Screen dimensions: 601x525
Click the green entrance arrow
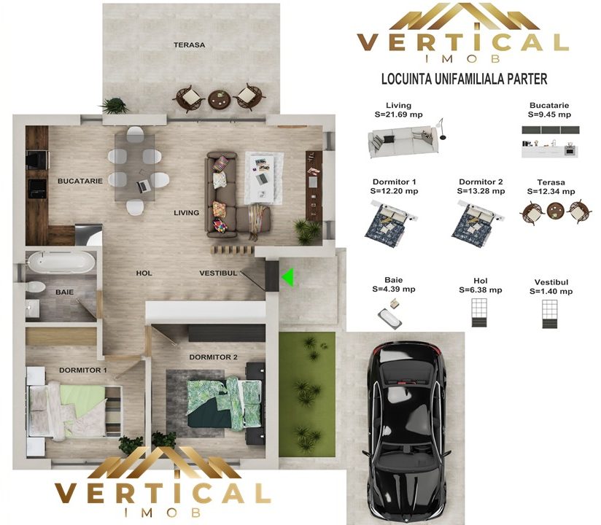pos(289,277)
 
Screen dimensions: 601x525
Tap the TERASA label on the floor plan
pos(190,44)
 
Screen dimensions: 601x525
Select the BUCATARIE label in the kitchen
pos(80,181)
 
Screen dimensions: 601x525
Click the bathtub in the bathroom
pos(61,262)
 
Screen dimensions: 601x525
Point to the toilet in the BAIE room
pos(36,287)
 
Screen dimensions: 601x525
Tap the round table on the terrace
pos(220,99)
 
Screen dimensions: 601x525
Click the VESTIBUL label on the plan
pos(219,273)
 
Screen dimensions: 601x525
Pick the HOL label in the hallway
pos(144,273)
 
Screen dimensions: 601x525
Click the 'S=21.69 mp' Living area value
pos(399,114)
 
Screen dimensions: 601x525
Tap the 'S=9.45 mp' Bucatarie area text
pos(549,114)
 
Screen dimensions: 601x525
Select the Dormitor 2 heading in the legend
pos(481,182)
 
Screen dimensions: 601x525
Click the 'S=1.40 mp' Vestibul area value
pos(551,291)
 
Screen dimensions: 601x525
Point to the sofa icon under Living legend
pos(403,142)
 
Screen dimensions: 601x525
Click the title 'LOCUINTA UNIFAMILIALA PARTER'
pos(464,79)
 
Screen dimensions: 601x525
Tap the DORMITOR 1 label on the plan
pos(83,370)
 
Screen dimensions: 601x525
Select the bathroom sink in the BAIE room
pos(32,308)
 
